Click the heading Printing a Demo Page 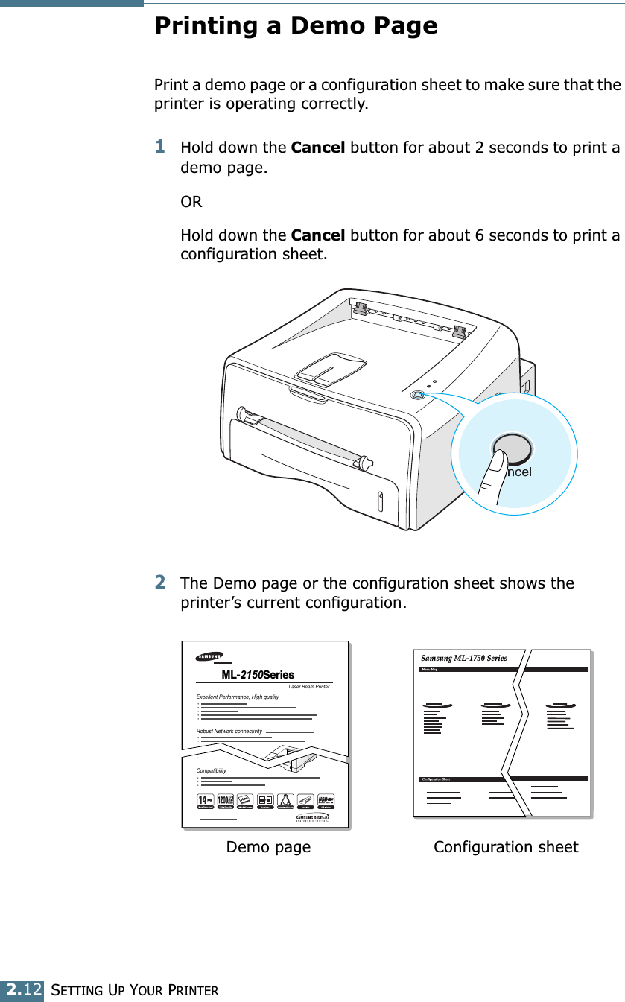(x=296, y=26)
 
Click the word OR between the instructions (x=191, y=202)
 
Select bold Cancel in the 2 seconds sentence (x=318, y=148)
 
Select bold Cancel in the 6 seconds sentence (x=318, y=236)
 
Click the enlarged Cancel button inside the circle (x=513, y=450)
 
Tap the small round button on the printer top (x=417, y=396)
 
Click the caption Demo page (x=268, y=847)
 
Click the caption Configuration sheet (x=506, y=847)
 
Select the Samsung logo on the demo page (x=209, y=656)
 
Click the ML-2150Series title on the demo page (x=258, y=675)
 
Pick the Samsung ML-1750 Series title (x=464, y=659)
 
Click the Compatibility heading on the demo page (x=212, y=770)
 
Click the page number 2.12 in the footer (x=22, y=989)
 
